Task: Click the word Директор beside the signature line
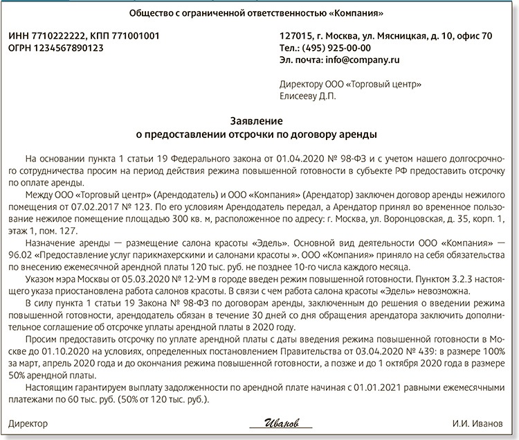pyautogui.click(x=28, y=422)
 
